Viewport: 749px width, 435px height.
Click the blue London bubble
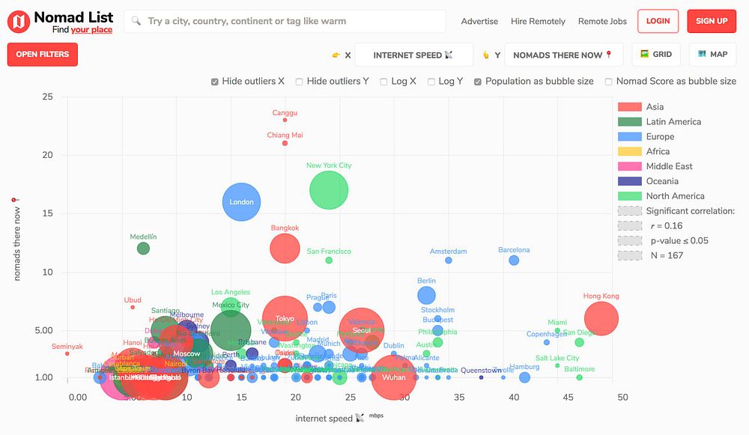click(241, 202)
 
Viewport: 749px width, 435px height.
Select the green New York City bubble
click(329, 190)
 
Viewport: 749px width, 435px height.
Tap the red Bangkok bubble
click(285, 249)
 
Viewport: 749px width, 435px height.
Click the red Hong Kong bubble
click(601, 318)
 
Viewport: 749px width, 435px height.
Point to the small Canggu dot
click(285, 120)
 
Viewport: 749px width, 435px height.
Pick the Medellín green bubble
click(143, 248)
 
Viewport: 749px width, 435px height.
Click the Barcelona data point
click(514, 261)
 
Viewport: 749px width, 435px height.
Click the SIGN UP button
click(711, 21)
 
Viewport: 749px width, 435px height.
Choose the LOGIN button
click(658, 21)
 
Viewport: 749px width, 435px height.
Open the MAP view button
click(712, 54)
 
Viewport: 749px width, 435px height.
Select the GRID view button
click(656, 54)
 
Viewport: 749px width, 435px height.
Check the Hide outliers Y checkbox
click(300, 82)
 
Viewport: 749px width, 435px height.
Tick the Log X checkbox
click(384, 82)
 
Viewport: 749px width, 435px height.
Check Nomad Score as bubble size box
click(609, 82)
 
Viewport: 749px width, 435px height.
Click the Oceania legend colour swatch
click(629, 181)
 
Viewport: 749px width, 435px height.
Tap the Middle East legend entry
click(669, 166)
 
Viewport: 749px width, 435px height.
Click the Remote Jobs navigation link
click(602, 21)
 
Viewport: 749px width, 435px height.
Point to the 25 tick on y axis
click(47, 97)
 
